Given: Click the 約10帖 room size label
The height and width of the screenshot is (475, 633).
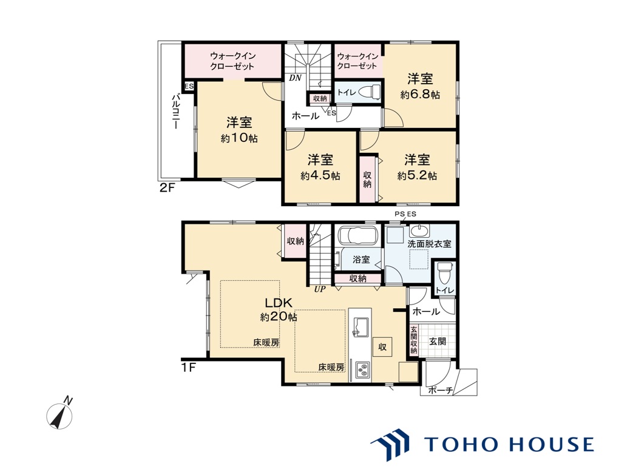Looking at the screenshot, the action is pos(239,138).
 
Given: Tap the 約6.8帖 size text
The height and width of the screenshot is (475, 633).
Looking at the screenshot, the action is pos(420,95).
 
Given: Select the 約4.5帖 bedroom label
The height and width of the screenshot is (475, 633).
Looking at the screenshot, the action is pos(320,176).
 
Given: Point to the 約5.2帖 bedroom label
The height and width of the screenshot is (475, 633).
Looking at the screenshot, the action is pos(417,176).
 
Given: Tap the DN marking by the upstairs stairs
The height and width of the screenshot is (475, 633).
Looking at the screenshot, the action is pos(295,78).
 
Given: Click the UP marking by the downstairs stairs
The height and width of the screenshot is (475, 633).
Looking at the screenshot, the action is pos(320,289).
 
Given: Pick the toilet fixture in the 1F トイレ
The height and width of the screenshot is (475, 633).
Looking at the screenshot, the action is pos(444,272).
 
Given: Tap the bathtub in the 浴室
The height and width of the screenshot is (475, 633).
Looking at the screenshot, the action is pos(357,235).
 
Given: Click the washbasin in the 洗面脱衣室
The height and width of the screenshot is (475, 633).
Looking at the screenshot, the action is pos(420,231).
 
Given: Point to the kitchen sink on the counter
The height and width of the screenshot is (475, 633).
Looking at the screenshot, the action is pos(361,326).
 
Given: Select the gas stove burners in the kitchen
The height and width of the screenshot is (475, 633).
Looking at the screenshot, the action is pos(362,371).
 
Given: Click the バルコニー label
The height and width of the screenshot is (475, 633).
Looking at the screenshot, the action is pos(175,112).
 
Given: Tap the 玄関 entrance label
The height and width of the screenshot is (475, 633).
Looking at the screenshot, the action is pos(437,342).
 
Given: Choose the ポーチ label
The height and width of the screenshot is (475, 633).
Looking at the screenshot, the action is pos(440,390).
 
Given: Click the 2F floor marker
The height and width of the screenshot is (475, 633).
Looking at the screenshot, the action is pos(166,187).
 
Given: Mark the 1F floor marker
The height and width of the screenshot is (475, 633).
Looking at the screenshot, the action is pos(188,368).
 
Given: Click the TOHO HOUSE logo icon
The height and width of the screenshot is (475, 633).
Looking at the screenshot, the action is pos(390,444).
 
